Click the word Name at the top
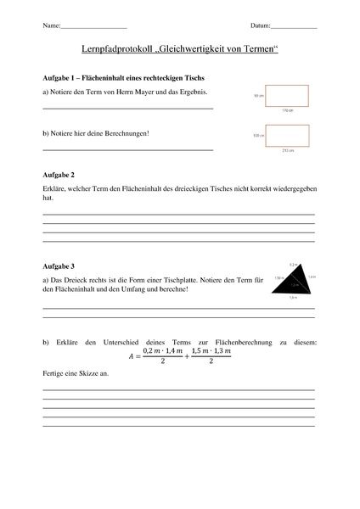point(50,27)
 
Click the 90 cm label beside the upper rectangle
point(258,97)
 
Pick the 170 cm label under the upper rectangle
point(286,110)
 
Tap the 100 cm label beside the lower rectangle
point(258,135)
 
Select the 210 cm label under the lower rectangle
point(286,149)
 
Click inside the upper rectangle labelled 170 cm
point(286,96)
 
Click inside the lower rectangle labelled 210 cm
point(286,134)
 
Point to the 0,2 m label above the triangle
point(293,265)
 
